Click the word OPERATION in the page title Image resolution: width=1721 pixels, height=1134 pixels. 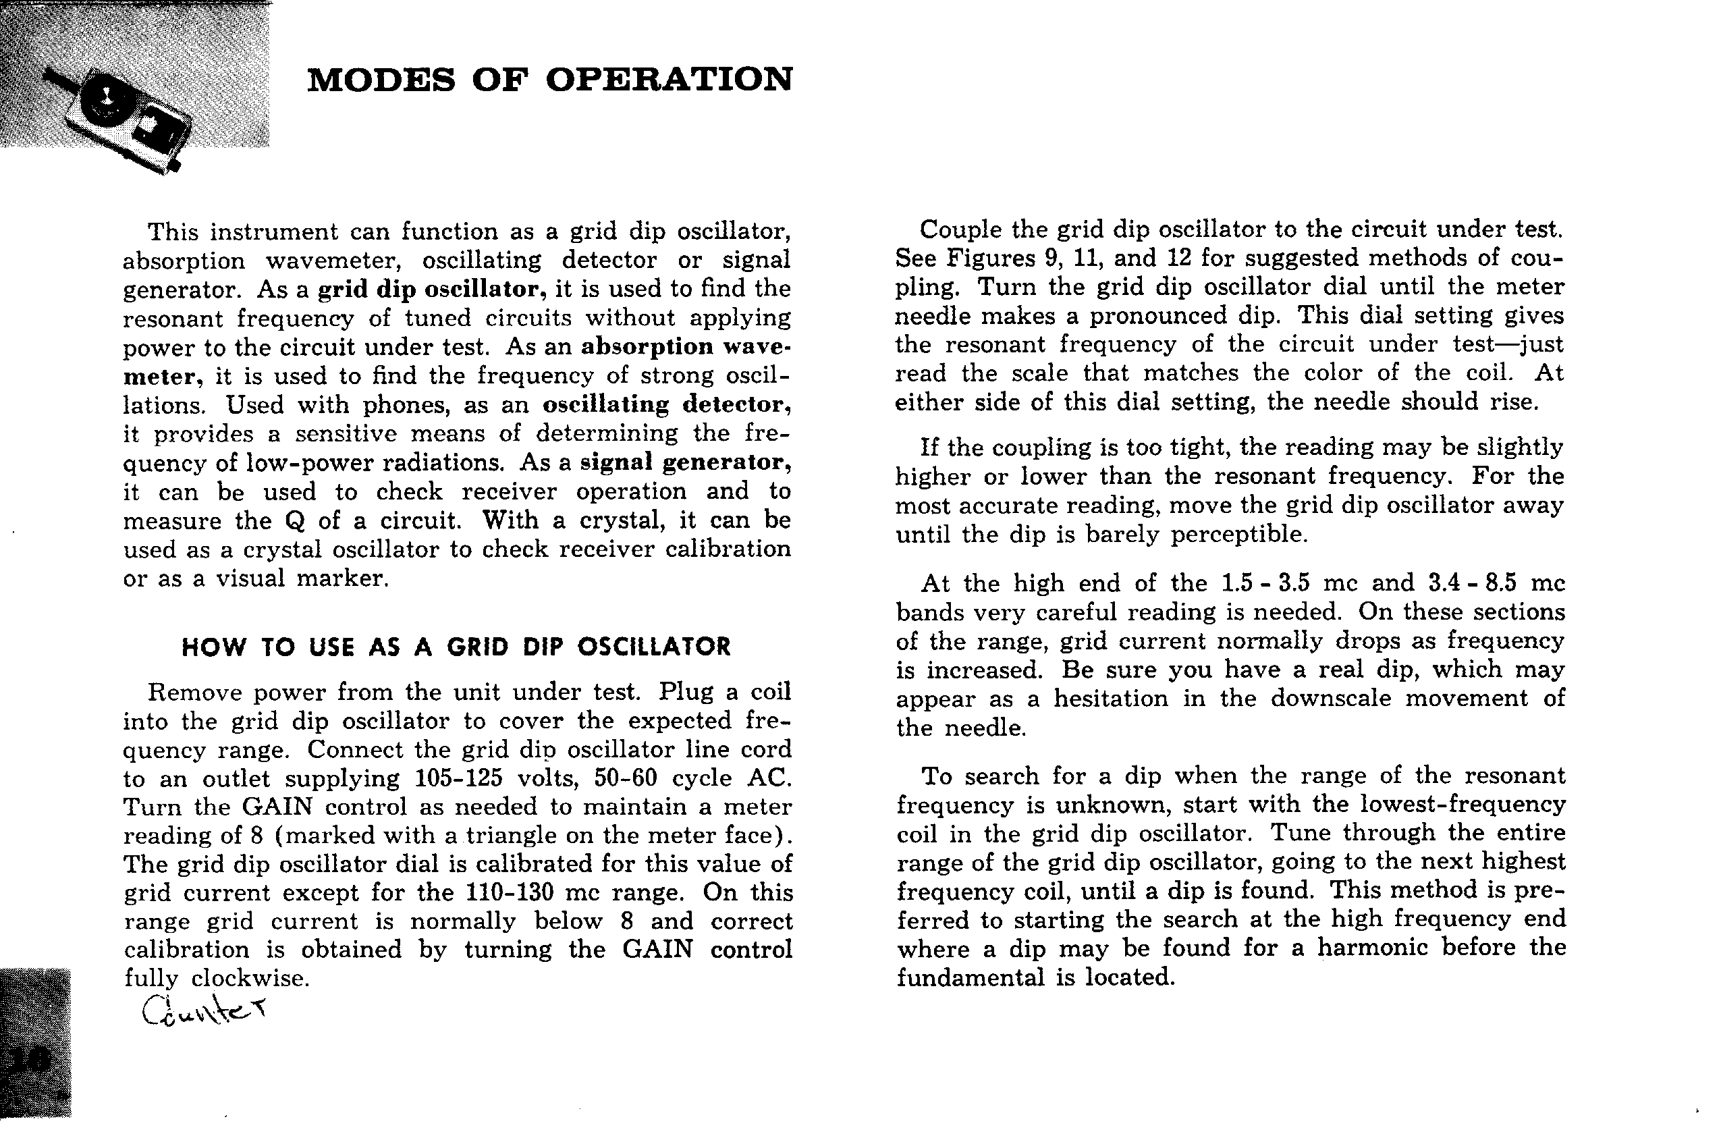coord(669,80)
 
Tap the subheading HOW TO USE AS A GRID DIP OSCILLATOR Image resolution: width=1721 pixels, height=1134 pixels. coord(456,647)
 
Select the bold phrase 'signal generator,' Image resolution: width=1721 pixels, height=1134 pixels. coord(686,463)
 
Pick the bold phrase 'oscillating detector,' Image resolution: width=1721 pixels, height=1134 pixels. coord(666,405)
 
